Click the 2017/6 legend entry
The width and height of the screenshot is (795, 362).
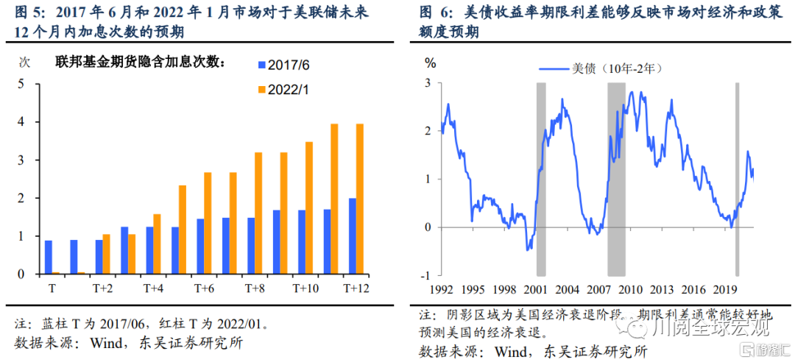tap(283, 65)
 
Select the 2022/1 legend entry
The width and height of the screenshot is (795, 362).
tap(283, 90)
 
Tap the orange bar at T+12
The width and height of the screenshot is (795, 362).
tap(360, 199)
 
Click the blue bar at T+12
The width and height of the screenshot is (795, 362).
tap(352, 236)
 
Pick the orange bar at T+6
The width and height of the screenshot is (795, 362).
tap(208, 223)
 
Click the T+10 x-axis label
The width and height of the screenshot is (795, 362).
tap(305, 288)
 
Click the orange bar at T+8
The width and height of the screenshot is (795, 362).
tap(258, 213)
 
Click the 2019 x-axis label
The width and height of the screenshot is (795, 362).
tap(725, 289)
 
